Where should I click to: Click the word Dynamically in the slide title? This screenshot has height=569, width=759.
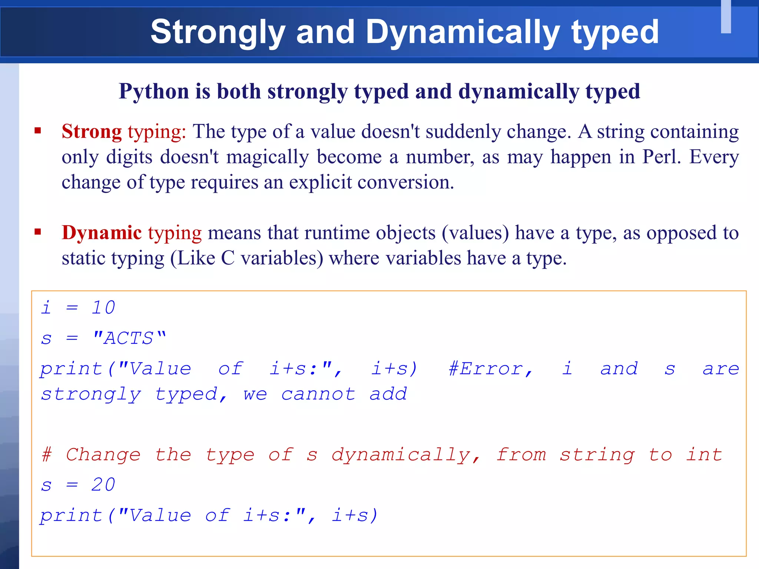point(463,33)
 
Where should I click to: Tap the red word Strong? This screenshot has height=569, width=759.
point(92,132)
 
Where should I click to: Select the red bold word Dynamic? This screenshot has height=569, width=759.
point(102,233)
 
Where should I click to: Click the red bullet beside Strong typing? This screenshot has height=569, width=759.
point(37,130)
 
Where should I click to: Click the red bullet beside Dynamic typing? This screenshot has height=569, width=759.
point(37,232)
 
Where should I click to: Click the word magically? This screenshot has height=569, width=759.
point(268,157)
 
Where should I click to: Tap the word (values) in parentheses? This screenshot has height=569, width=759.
point(475,233)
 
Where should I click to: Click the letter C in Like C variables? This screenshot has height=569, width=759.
point(228,258)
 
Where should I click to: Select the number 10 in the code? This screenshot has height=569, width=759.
point(103,307)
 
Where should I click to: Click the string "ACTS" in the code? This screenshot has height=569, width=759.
point(129,338)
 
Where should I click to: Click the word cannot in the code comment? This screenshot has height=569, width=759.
point(318,394)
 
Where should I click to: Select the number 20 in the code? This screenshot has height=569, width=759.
point(103,485)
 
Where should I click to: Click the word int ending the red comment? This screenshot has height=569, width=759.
point(704,455)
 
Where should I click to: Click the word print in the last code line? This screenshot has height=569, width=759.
point(71,516)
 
